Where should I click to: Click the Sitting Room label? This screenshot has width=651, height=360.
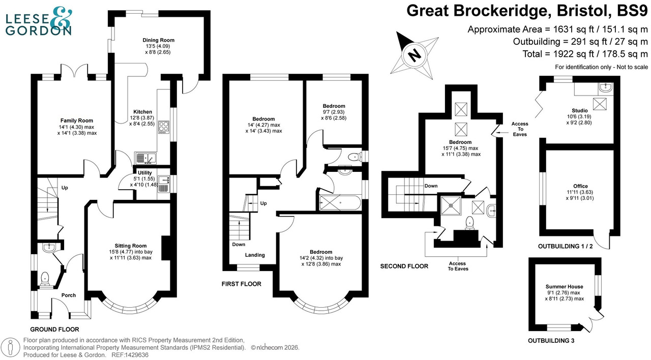(131, 246)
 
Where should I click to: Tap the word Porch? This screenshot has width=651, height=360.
(69, 295)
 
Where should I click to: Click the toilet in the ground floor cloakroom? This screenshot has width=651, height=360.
(45, 278)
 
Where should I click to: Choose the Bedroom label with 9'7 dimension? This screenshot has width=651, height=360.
(334, 106)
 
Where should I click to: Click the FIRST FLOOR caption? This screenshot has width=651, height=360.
(241, 284)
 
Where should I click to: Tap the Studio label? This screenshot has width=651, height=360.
(579, 110)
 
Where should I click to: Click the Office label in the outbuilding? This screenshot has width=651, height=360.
(580, 187)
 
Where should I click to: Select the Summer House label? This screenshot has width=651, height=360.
(565, 287)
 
